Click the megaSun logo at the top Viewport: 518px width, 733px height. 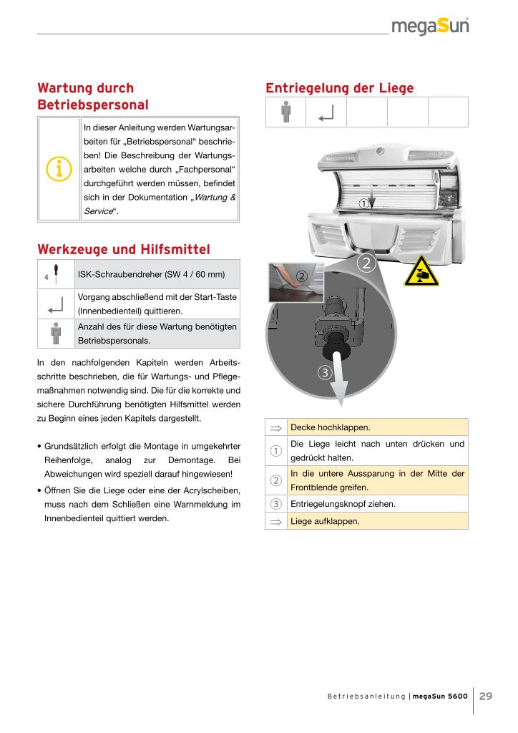[430, 27]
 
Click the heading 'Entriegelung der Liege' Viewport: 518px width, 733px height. [339, 88]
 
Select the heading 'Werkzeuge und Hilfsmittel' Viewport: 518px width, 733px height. [123, 250]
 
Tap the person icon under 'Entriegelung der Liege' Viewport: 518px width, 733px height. [285, 112]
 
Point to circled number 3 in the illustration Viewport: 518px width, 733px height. [325, 372]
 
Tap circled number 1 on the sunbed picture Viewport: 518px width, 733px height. [363, 203]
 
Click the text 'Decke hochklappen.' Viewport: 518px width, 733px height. [330, 427]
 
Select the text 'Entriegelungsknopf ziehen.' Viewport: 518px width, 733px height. [342, 503]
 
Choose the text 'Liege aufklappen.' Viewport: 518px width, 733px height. [326, 522]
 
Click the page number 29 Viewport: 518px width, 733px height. [485, 696]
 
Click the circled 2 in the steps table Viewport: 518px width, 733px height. [275, 480]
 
